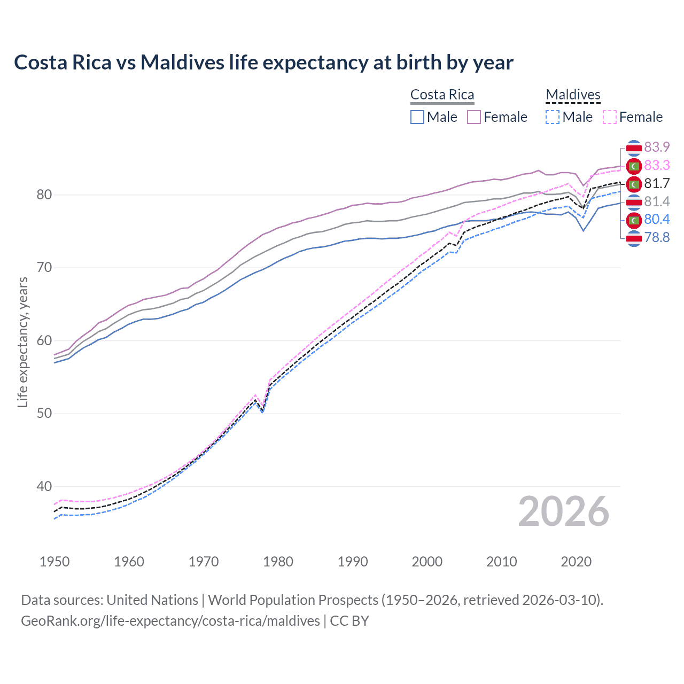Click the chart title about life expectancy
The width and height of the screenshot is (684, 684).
(x=263, y=63)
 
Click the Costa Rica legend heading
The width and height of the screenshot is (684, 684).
(x=442, y=95)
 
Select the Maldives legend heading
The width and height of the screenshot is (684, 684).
(x=573, y=95)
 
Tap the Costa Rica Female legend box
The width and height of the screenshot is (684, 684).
(x=474, y=117)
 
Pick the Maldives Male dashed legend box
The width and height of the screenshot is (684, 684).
(x=553, y=117)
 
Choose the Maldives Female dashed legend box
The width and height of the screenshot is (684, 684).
(x=610, y=117)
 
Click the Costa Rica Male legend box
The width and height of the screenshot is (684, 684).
(x=417, y=117)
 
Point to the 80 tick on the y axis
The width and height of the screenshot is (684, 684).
(x=44, y=195)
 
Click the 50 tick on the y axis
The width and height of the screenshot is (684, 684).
(x=44, y=413)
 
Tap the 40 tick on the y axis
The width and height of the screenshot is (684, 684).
(x=44, y=486)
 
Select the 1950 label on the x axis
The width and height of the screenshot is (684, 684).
(x=55, y=562)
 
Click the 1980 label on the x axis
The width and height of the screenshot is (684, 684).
(x=278, y=562)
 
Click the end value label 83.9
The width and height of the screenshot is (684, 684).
(x=657, y=147)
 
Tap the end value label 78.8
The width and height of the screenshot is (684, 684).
(x=657, y=238)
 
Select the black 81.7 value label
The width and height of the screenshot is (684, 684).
(x=657, y=184)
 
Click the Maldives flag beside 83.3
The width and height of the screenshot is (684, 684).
(x=634, y=166)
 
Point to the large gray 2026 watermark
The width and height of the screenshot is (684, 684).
(x=563, y=511)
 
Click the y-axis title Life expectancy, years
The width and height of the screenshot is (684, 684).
(x=23, y=342)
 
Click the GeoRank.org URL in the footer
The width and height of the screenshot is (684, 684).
(x=170, y=621)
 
